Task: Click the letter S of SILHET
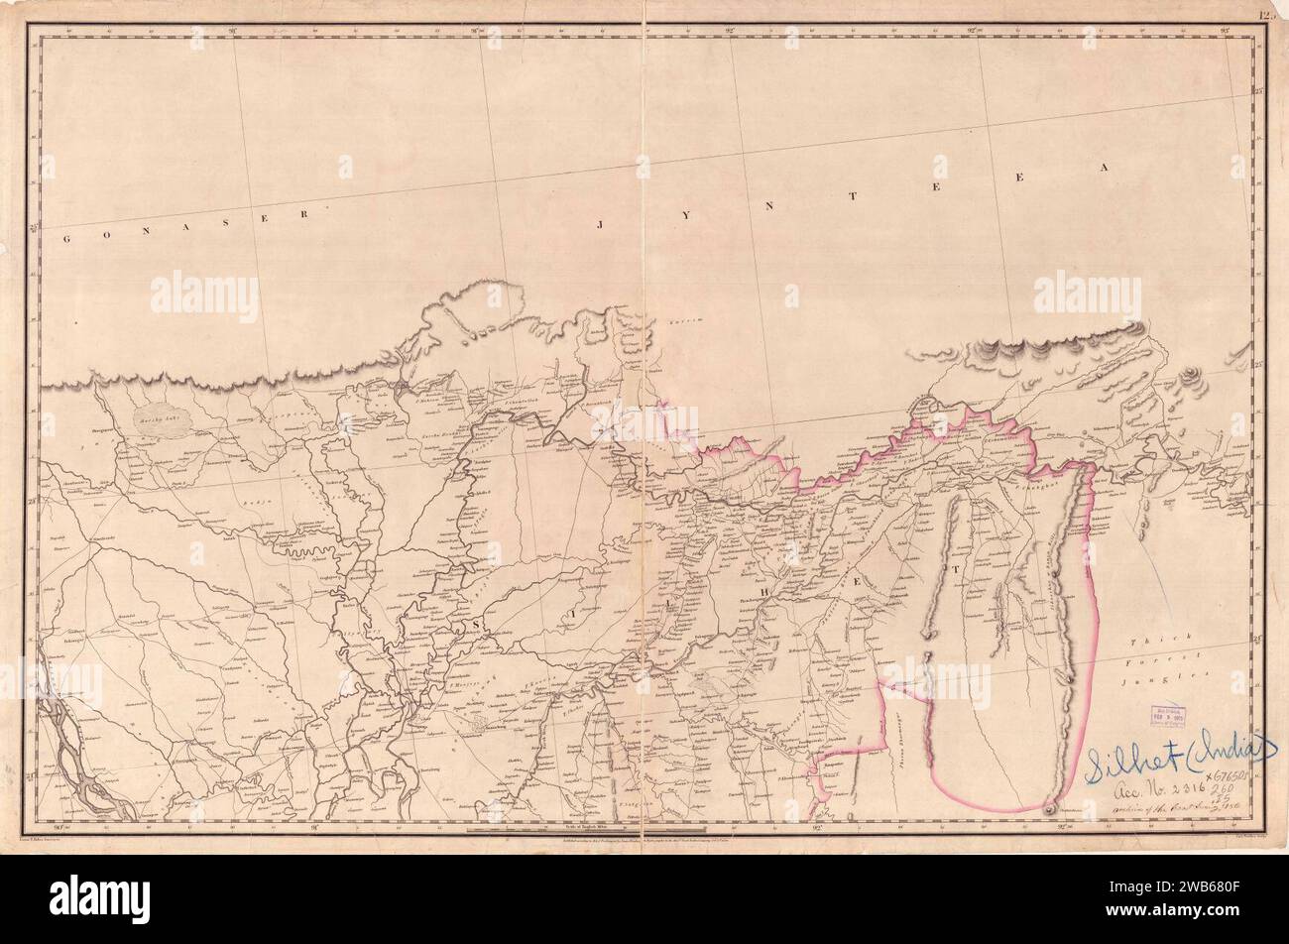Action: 479,622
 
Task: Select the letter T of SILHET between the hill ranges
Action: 956,569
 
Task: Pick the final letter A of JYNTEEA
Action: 1099,170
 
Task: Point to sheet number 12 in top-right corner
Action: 1266,15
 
